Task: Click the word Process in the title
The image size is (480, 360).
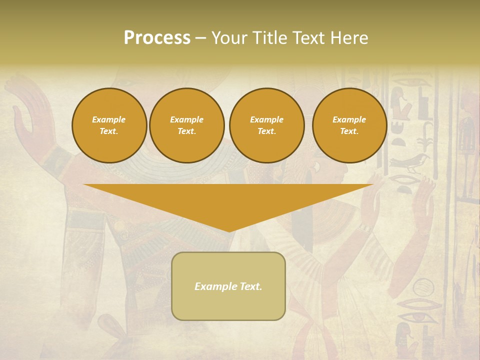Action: point(157,38)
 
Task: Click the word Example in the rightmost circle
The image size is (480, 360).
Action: point(349,119)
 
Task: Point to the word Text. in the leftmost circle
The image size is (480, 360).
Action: point(109,131)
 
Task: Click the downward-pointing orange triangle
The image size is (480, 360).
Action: point(228,200)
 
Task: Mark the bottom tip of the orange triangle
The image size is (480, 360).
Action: point(228,230)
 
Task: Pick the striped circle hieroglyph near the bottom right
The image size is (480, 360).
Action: point(423,288)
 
